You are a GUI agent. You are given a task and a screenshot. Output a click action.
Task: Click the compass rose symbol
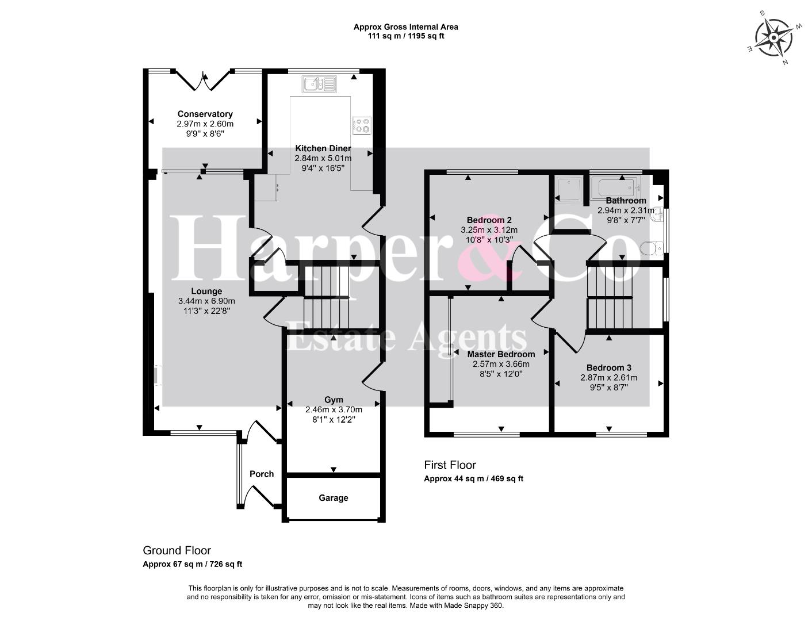(x=774, y=38)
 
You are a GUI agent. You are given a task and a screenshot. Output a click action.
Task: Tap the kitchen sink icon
(x=319, y=85)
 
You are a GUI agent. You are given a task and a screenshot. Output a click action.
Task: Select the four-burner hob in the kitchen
(x=361, y=126)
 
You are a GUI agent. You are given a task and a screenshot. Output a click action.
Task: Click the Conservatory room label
(x=205, y=114)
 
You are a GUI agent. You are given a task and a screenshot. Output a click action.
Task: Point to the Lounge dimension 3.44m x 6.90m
(x=206, y=301)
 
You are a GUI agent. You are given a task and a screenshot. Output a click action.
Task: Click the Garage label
(x=334, y=498)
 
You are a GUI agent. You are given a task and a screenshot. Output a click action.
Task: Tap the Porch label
(x=262, y=474)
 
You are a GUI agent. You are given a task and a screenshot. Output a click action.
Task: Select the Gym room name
(x=334, y=400)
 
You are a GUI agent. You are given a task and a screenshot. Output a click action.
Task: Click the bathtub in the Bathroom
(x=614, y=186)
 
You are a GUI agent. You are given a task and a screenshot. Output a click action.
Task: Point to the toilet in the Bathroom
(x=651, y=248)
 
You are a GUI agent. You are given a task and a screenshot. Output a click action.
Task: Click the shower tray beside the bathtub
(x=569, y=190)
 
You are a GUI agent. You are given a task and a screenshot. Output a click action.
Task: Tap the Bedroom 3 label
(x=609, y=367)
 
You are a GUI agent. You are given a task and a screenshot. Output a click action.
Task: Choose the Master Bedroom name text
(x=501, y=354)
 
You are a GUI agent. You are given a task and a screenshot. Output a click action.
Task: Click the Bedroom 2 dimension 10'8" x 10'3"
(x=489, y=240)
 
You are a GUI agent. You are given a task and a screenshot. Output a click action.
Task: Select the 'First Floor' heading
(x=450, y=465)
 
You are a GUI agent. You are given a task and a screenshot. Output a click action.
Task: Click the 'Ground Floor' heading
(x=177, y=550)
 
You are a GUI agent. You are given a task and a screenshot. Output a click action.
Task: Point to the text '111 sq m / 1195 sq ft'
(x=406, y=36)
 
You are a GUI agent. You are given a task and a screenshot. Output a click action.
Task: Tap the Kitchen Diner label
(x=323, y=148)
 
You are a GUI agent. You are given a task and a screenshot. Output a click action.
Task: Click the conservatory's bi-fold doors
(x=203, y=80)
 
